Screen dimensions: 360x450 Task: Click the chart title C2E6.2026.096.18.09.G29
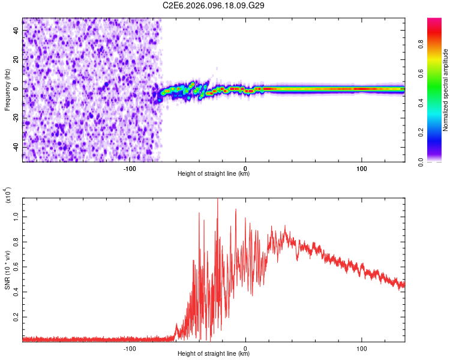tap(214, 5)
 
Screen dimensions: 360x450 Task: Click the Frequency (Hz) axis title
tap(8, 89)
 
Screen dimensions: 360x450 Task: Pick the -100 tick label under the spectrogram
tap(130, 169)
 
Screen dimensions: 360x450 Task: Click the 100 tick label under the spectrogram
tap(362, 169)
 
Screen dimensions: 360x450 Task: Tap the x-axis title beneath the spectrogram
tap(214, 175)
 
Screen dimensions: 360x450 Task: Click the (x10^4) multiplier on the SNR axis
tap(9, 195)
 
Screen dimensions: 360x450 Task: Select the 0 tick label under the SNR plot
tap(246, 349)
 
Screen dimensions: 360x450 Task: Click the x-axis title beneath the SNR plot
tap(214, 355)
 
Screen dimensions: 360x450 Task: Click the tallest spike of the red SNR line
tap(218, 200)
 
